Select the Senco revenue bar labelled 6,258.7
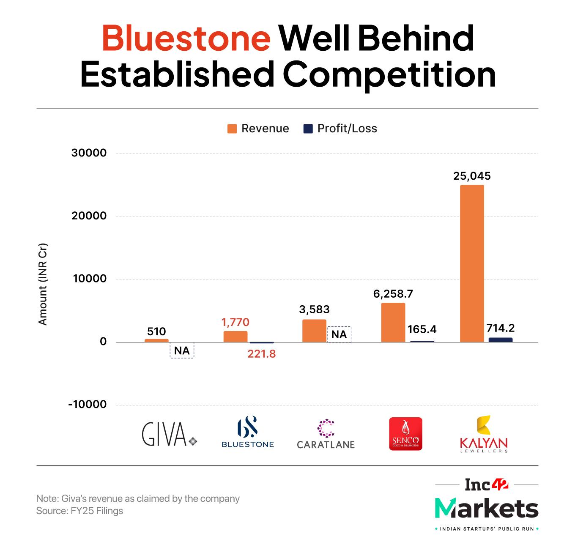click(393, 322)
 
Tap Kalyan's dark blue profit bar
click(500, 339)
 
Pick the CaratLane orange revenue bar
click(314, 331)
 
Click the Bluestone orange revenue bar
click(235, 337)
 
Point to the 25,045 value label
click(472, 176)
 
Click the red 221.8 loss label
click(261, 354)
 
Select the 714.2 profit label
click(500, 328)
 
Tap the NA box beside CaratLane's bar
click(339, 334)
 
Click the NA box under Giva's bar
click(182, 350)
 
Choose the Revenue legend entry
click(258, 129)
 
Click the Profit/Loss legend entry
click(340, 129)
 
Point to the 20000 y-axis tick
click(89, 216)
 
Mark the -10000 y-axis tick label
click(88, 405)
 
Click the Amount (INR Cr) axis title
click(43, 284)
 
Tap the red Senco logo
click(405, 434)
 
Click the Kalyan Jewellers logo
click(484, 434)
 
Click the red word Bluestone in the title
click(186, 38)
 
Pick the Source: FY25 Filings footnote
click(79, 511)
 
